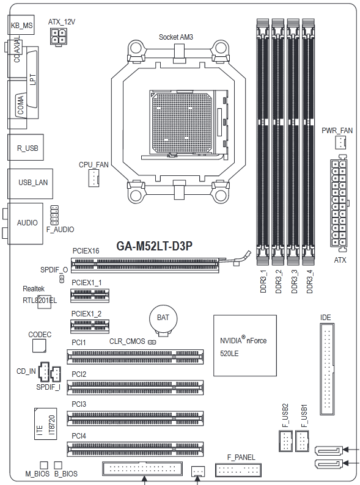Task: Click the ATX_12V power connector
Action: [x=58, y=37]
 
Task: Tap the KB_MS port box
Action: [x=21, y=25]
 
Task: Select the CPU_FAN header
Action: [x=94, y=178]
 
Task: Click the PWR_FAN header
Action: [x=340, y=142]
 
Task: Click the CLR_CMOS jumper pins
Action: [x=152, y=342]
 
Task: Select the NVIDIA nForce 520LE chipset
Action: [x=245, y=346]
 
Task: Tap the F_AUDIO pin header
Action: [x=54, y=215]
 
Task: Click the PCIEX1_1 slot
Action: [x=90, y=296]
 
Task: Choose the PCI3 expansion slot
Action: [x=135, y=418]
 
